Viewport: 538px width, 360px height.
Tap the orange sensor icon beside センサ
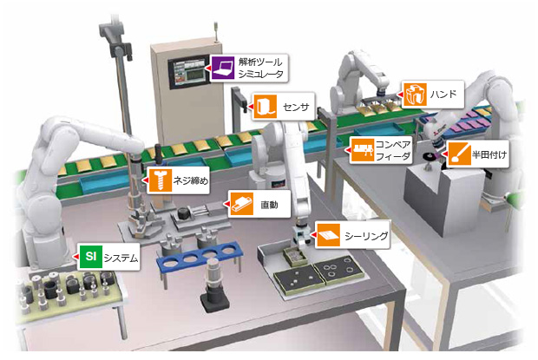pyautogui.click(x=264, y=106)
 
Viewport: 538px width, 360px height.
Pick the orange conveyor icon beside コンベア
pyautogui.click(x=361, y=149)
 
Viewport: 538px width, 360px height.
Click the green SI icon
pyautogui.click(x=89, y=257)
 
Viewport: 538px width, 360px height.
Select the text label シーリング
pyautogui.click(x=364, y=234)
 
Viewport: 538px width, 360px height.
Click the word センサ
pyautogui.click(x=295, y=107)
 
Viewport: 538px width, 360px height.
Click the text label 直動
pyautogui.click(x=268, y=206)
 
